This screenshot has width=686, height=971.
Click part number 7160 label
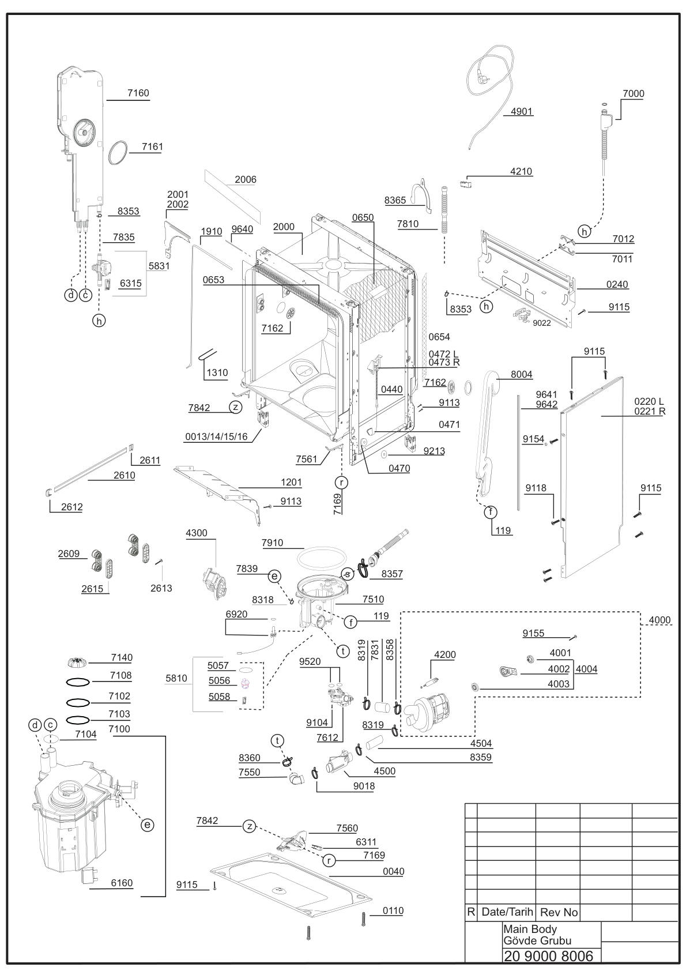[138, 93]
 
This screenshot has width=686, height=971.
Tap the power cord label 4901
[521, 111]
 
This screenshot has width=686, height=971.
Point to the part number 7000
[633, 93]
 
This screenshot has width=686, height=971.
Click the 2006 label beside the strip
[245, 179]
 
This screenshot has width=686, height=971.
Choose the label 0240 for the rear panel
[617, 284]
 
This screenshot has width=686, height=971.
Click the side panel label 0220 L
[649, 401]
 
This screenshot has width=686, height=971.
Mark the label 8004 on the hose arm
[521, 375]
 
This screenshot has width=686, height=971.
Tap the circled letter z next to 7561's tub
[235, 408]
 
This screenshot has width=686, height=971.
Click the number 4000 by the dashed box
[659, 620]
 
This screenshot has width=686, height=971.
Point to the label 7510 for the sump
[373, 600]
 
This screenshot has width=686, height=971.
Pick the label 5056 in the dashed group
[219, 680]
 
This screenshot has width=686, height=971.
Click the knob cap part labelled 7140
[78, 662]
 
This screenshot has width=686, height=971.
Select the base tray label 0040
[394, 871]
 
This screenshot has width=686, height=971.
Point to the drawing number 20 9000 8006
[548, 956]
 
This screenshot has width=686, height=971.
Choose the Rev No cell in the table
[559, 913]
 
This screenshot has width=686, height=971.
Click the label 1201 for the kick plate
[291, 483]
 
